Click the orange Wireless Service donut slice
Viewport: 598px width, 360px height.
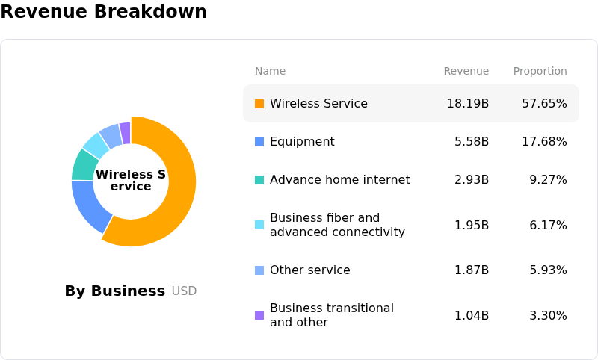179,198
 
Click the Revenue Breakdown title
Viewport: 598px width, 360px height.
104,11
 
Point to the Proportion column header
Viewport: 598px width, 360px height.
540,71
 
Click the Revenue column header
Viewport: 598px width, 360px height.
466,71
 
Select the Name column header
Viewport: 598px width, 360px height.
270,71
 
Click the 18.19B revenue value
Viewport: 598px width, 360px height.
468,104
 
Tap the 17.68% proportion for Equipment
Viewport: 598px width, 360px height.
544,142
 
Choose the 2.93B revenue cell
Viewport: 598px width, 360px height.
472,180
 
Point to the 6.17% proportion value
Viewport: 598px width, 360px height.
548,225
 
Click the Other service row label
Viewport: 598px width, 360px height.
310,270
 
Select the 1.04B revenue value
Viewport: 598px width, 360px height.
472,315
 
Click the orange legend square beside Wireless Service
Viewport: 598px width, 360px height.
259,104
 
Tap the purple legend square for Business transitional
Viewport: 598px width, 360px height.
259,315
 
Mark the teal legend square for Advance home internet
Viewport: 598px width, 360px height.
259,180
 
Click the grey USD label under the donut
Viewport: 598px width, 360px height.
184,291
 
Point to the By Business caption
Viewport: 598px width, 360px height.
115,291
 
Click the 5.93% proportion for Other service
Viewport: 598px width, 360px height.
548,270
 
